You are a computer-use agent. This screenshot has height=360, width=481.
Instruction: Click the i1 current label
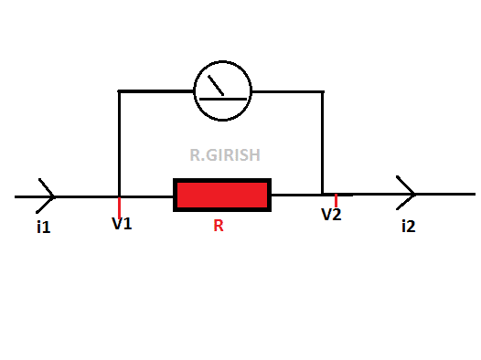click(x=43, y=226)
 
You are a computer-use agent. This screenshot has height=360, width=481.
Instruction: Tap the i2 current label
click(x=408, y=226)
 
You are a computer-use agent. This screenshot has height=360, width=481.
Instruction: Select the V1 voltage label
click(x=122, y=223)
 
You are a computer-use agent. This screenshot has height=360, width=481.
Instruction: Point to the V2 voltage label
click(x=331, y=215)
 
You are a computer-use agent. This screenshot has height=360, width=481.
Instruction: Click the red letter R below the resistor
click(x=219, y=226)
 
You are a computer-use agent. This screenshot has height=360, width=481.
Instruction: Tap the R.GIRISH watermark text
click(x=225, y=156)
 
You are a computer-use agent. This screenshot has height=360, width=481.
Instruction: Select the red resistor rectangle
click(x=222, y=195)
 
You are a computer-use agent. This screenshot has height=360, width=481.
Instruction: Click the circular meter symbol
click(x=223, y=91)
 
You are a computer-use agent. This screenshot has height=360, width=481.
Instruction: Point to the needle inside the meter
click(x=217, y=86)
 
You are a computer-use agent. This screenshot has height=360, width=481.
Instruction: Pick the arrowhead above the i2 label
click(x=408, y=194)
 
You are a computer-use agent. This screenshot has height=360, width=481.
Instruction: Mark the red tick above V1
click(x=120, y=206)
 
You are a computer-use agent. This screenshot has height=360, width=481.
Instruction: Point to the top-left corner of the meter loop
click(x=120, y=91)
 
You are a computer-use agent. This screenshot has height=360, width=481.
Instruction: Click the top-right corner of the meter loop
click(x=323, y=91)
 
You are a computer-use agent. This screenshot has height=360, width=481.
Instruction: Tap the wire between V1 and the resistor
click(x=147, y=196)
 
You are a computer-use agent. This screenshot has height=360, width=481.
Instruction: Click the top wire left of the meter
click(x=156, y=91)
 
